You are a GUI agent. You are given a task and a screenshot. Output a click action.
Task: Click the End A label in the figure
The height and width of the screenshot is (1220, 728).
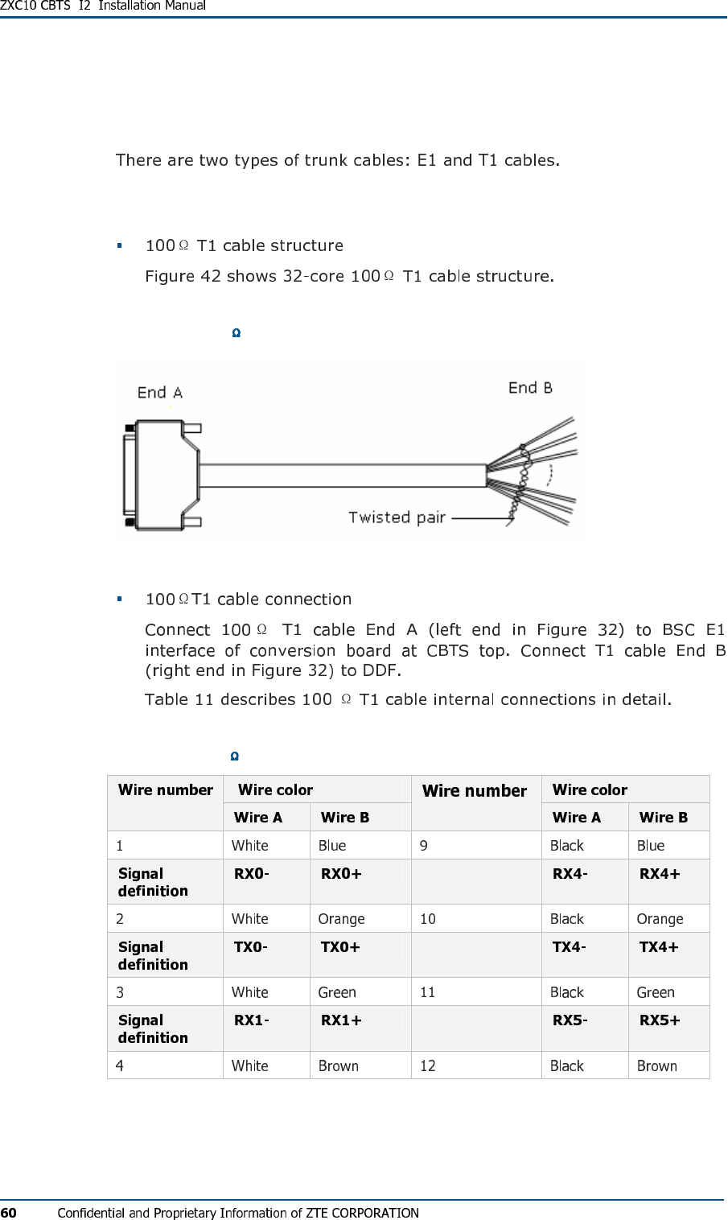tap(160, 393)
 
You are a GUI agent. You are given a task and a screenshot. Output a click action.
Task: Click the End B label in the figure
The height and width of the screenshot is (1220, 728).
tap(530, 388)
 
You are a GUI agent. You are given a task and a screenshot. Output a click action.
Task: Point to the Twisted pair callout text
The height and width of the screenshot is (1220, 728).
tap(397, 517)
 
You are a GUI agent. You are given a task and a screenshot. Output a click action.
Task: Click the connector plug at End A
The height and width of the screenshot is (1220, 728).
tap(161, 475)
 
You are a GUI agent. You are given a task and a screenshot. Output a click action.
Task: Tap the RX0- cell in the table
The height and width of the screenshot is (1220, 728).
tap(251, 874)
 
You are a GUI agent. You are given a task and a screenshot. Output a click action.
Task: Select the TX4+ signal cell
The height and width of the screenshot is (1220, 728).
tap(659, 947)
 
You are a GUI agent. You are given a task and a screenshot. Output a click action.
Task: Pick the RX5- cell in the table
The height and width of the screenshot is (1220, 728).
tap(570, 1020)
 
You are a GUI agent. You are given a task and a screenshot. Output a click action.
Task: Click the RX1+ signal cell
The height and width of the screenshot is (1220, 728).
tap(341, 1020)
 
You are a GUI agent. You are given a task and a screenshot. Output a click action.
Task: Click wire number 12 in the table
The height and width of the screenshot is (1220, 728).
tap(428, 1065)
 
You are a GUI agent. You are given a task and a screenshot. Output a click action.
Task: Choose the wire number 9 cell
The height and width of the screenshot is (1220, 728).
tap(424, 846)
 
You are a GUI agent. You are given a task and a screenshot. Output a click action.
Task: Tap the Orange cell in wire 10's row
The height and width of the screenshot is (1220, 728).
tap(660, 919)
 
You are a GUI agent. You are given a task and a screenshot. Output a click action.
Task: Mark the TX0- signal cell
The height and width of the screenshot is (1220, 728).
tap(250, 947)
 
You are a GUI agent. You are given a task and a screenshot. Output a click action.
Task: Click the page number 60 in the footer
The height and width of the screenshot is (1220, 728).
tap(8, 1213)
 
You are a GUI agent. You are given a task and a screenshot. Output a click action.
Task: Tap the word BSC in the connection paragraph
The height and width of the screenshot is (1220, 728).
tap(678, 629)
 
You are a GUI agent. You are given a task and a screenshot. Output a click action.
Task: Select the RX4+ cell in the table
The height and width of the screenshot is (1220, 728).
tap(660, 874)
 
